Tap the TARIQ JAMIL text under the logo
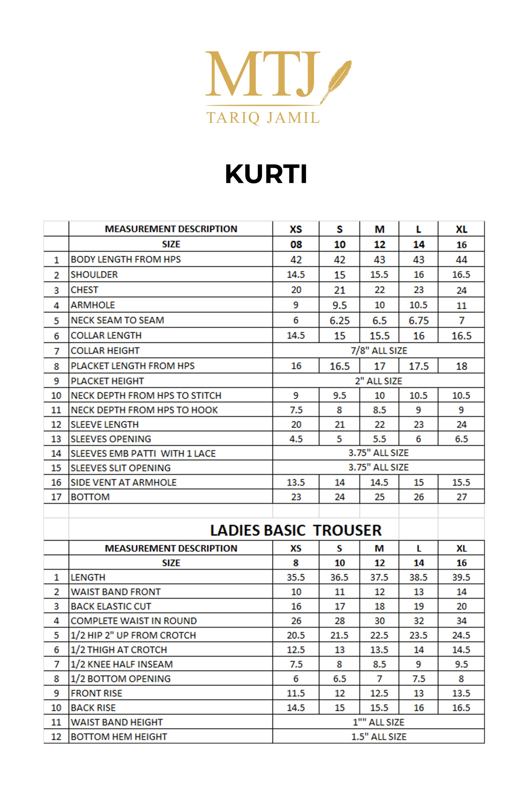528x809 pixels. click(x=263, y=117)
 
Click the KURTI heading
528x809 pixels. click(x=266, y=174)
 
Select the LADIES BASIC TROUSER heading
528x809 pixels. click(x=296, y=530)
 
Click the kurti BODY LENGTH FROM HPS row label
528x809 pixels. click(x=126, y=260)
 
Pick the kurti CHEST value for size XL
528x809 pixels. click(x=461, y=290)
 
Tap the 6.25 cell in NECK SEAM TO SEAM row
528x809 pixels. click(x=339, y=320)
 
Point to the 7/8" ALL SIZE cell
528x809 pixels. click(x=379, y=351)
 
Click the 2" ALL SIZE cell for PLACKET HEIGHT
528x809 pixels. click(x=379, y=381)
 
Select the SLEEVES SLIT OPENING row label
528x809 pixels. click(x=121, y=468)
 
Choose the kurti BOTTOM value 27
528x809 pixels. click(x=461, y=497)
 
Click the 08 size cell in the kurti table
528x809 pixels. click(x=296, y=244)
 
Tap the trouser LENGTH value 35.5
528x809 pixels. click(x=296, y=577)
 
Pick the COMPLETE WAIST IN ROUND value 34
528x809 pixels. click(x=461, y=621)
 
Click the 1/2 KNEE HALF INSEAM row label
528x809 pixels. click(x=122, y=664)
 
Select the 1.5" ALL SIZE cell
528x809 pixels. click(x=379, y=737)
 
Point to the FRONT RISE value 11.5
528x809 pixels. click(x=296, y=693)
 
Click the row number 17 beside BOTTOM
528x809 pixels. click(x=56, y=497)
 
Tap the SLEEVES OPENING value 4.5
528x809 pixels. click(x=296, y=439)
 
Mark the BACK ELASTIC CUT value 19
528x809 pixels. click(x=419, y=606)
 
